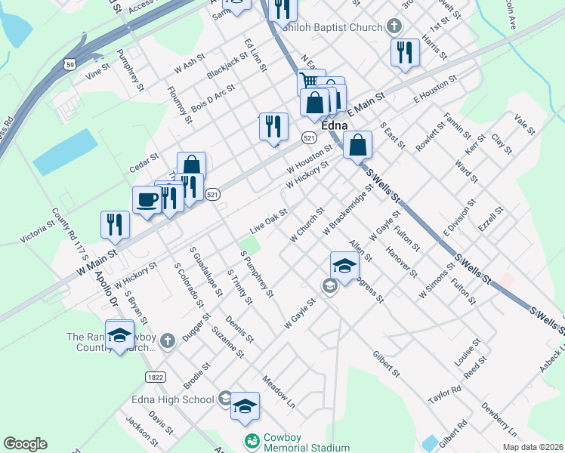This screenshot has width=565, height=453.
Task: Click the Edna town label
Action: [x=334, y=125]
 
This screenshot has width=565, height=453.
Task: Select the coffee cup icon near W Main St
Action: [x=147, y=199]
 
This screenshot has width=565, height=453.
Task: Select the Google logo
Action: [x=26, y=444]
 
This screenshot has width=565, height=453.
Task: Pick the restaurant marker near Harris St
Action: [x=405, y=52]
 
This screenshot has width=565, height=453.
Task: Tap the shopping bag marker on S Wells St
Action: [x=357, y=145]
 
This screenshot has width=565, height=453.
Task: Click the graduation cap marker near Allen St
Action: [x=344, y=266]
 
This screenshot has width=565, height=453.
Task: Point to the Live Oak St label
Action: [x=268, y=222]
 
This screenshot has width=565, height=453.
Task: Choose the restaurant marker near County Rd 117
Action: [x=115, y=223]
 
